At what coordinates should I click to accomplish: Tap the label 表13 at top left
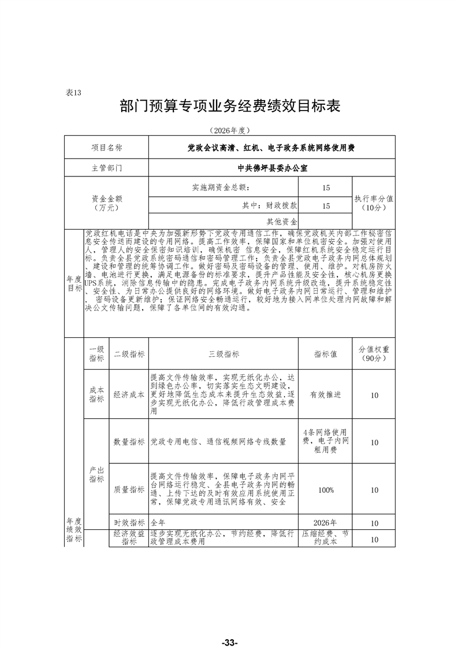click(x=76, y=93)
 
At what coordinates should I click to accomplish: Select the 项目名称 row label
click(x=107, y=148)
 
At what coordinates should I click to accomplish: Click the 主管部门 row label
click(x=107, y=168)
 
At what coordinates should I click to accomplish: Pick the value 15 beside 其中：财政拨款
click(x=326, y=205)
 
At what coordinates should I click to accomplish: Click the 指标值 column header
click(x=326, y=354)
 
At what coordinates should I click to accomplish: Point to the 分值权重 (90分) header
click(x=374, y=354)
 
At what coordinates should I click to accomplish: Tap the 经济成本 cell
click(x=129, y=394)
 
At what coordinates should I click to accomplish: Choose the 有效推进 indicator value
click(x=326, y=394)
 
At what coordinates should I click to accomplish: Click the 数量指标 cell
click(x=129, y=442)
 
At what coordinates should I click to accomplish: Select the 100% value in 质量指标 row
click(x=326, y=490)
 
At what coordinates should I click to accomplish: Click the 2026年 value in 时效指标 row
click(x=326, y=523)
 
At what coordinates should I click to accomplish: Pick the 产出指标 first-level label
click(x=96, y=474)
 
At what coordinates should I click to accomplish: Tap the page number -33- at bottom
click(x=229, y=627)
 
